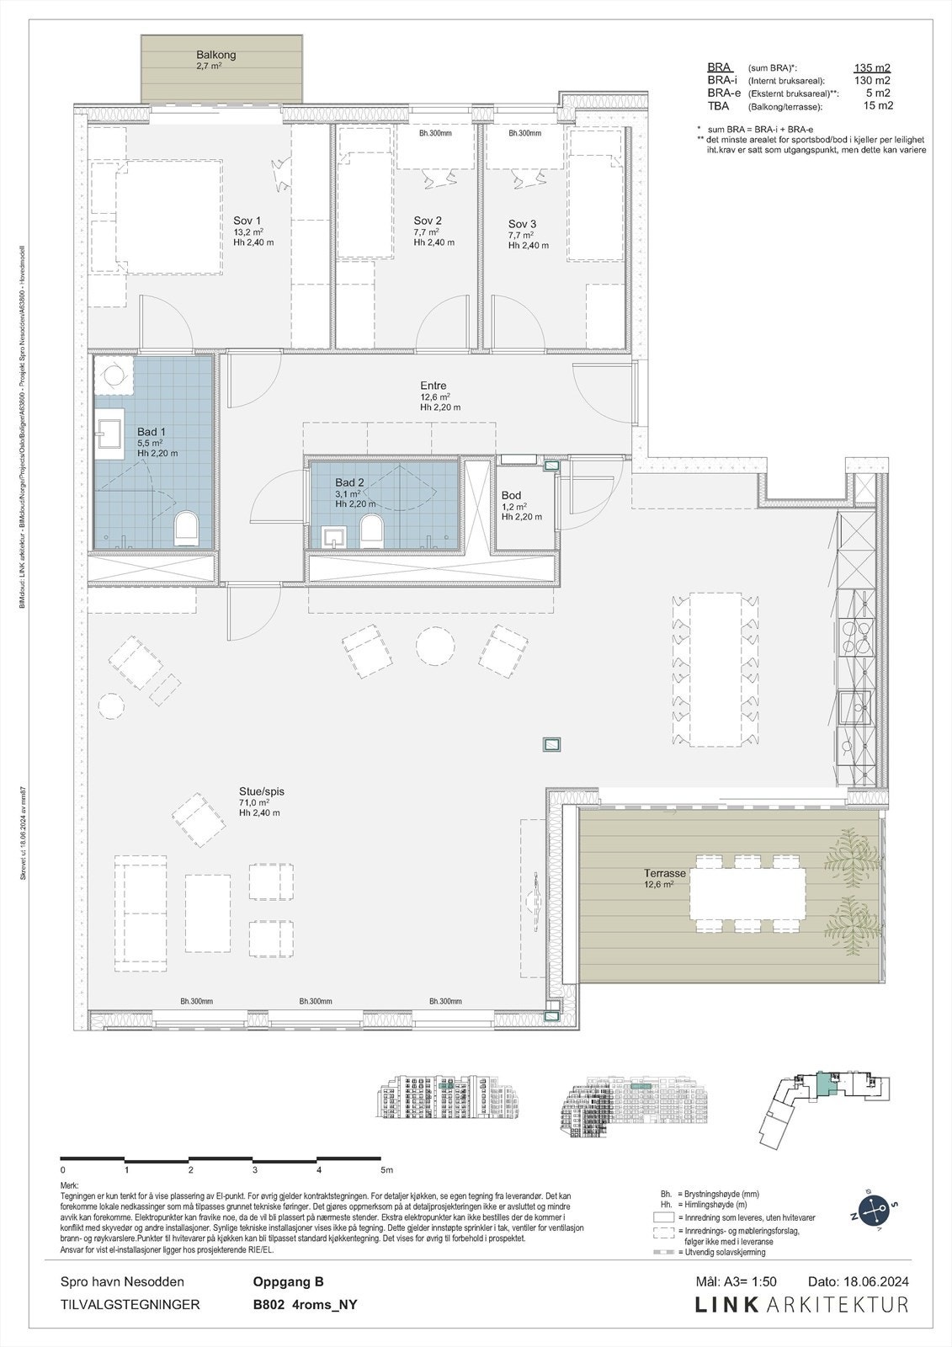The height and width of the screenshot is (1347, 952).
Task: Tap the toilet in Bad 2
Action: click(370, 530)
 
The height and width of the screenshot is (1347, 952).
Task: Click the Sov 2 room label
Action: click(428, 221)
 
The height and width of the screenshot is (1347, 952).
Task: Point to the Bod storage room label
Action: click(511, 496)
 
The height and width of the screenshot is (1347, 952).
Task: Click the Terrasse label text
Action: click(665, 874)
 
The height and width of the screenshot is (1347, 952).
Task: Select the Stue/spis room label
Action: click(262, 791)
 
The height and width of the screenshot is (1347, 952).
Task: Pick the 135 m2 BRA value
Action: click(872, 68)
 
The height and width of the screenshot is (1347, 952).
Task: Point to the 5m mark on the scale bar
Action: click(386, 1170)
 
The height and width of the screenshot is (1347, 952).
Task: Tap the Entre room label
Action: click(433, 386)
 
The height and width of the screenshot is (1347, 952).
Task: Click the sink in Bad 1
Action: click(108, 433)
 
